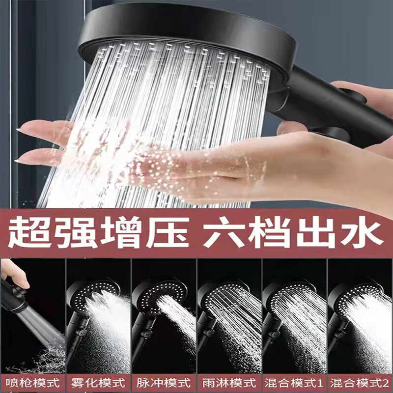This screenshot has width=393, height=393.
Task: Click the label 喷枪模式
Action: pos(33,381)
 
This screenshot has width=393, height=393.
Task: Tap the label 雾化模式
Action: pos(98,381)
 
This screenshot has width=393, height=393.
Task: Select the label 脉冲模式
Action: pos(164,381)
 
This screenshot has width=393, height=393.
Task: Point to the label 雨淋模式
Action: pos(229,381)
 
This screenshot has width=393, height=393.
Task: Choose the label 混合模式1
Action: pos(294,381)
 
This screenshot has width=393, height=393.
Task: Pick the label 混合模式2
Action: pos(360,381)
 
